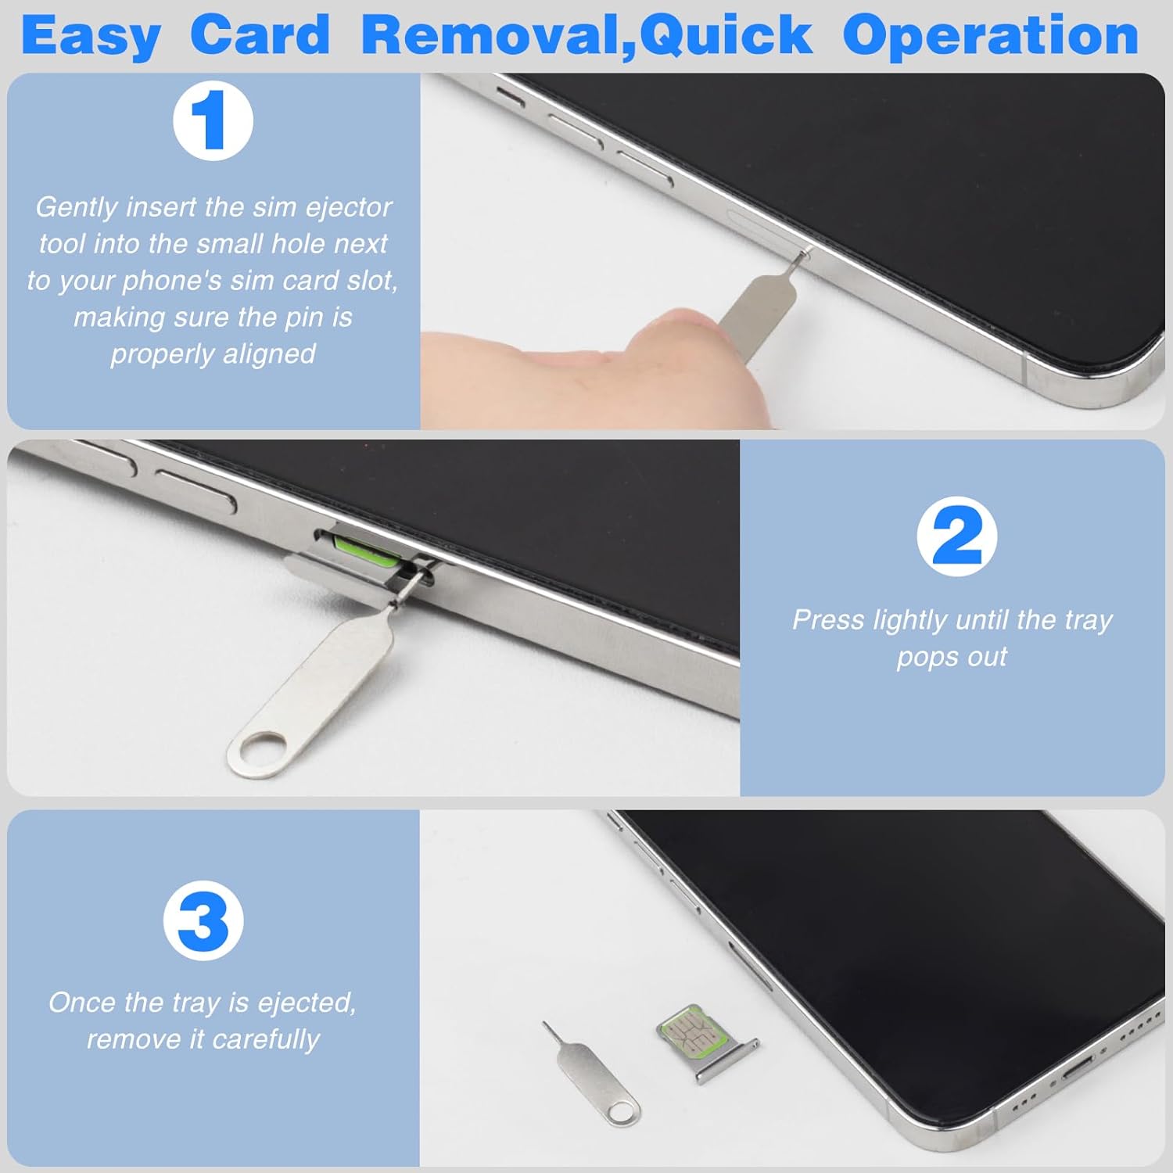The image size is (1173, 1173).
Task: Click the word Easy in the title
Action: click(91, 37)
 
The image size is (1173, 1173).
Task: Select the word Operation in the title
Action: click(990, 37)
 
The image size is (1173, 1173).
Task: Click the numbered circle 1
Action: click(213, 120)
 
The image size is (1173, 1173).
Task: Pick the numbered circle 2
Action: click(956, 536)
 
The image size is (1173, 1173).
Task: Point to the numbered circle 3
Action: click(203, 920)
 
